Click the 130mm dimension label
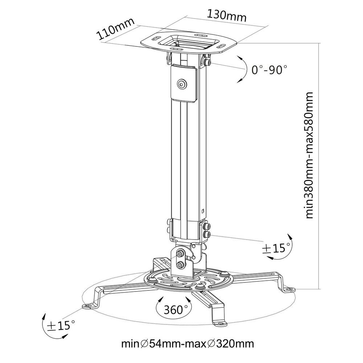(x=227, y=16)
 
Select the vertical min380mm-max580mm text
(x=309, y=155)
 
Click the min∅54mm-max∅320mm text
(x=187, y=343)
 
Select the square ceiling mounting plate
(x=187, y=43)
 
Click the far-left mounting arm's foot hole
(x=87, y=307)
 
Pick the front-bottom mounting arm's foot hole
(x=220, y=323)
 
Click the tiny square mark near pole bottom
(x=203, y=209)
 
